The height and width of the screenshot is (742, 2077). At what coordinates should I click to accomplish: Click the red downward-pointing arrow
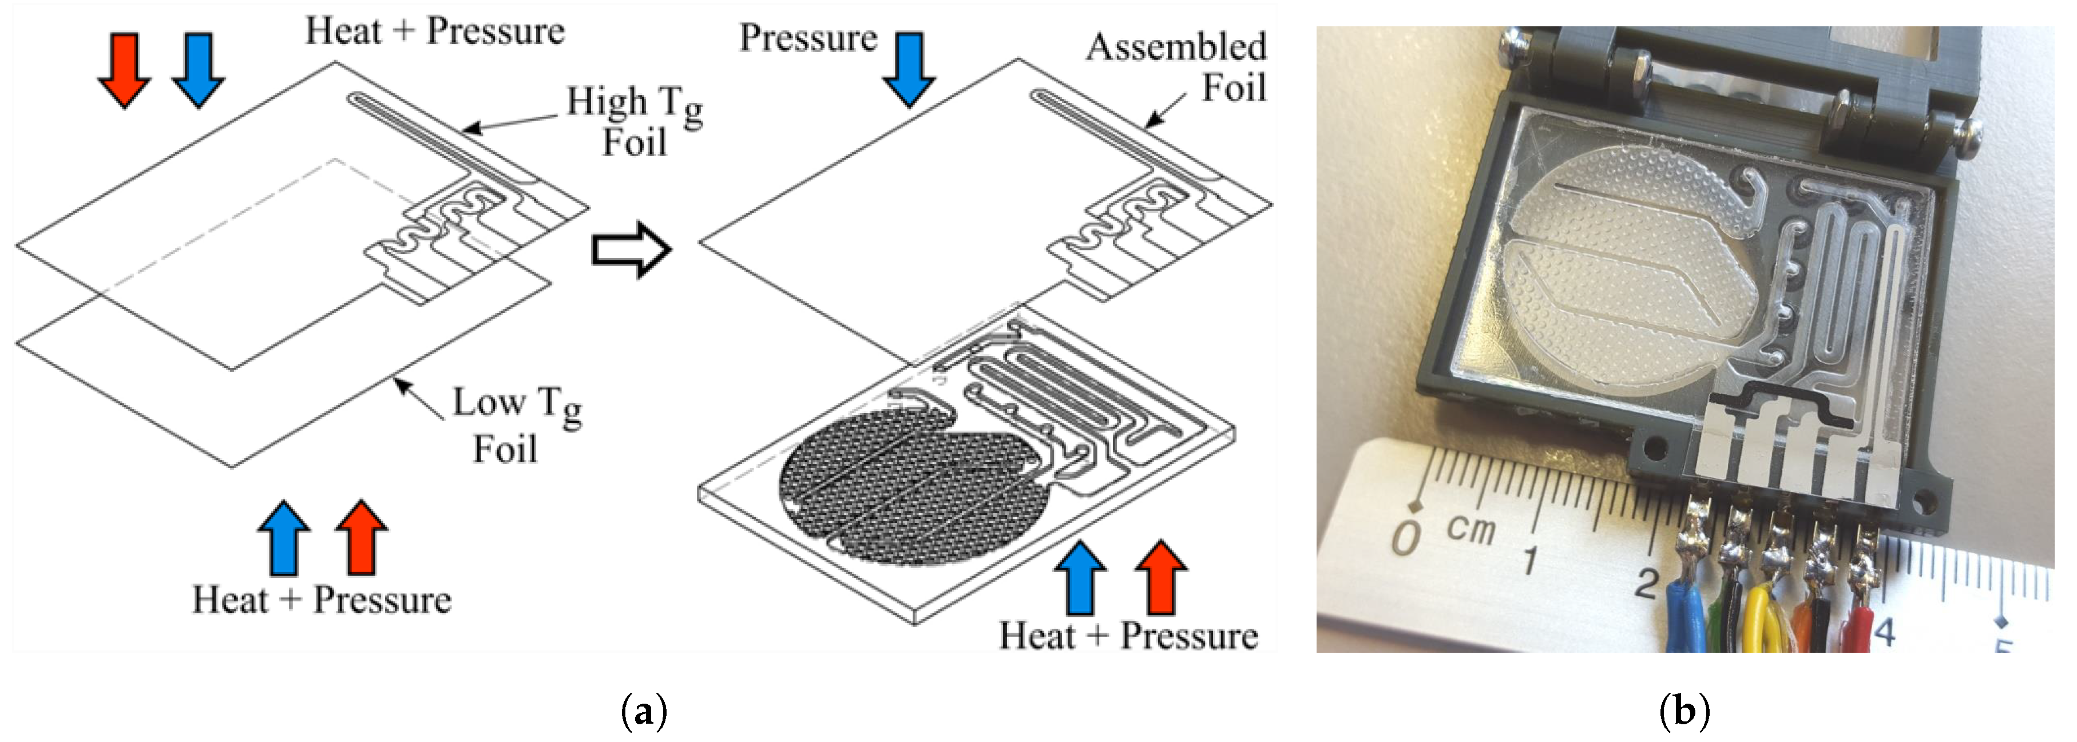point(124,69)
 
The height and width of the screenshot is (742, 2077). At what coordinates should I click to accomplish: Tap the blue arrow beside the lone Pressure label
point(909,69)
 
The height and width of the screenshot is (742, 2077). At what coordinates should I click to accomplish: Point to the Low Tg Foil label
point(516,425)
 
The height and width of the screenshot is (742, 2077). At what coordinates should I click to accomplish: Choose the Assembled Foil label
point(1177,67)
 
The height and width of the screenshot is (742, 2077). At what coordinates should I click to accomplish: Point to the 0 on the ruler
point(1407,537)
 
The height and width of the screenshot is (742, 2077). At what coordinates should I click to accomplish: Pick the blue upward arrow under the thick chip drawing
point(1080,577)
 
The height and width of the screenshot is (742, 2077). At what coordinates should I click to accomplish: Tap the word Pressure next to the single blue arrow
point(808,38)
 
